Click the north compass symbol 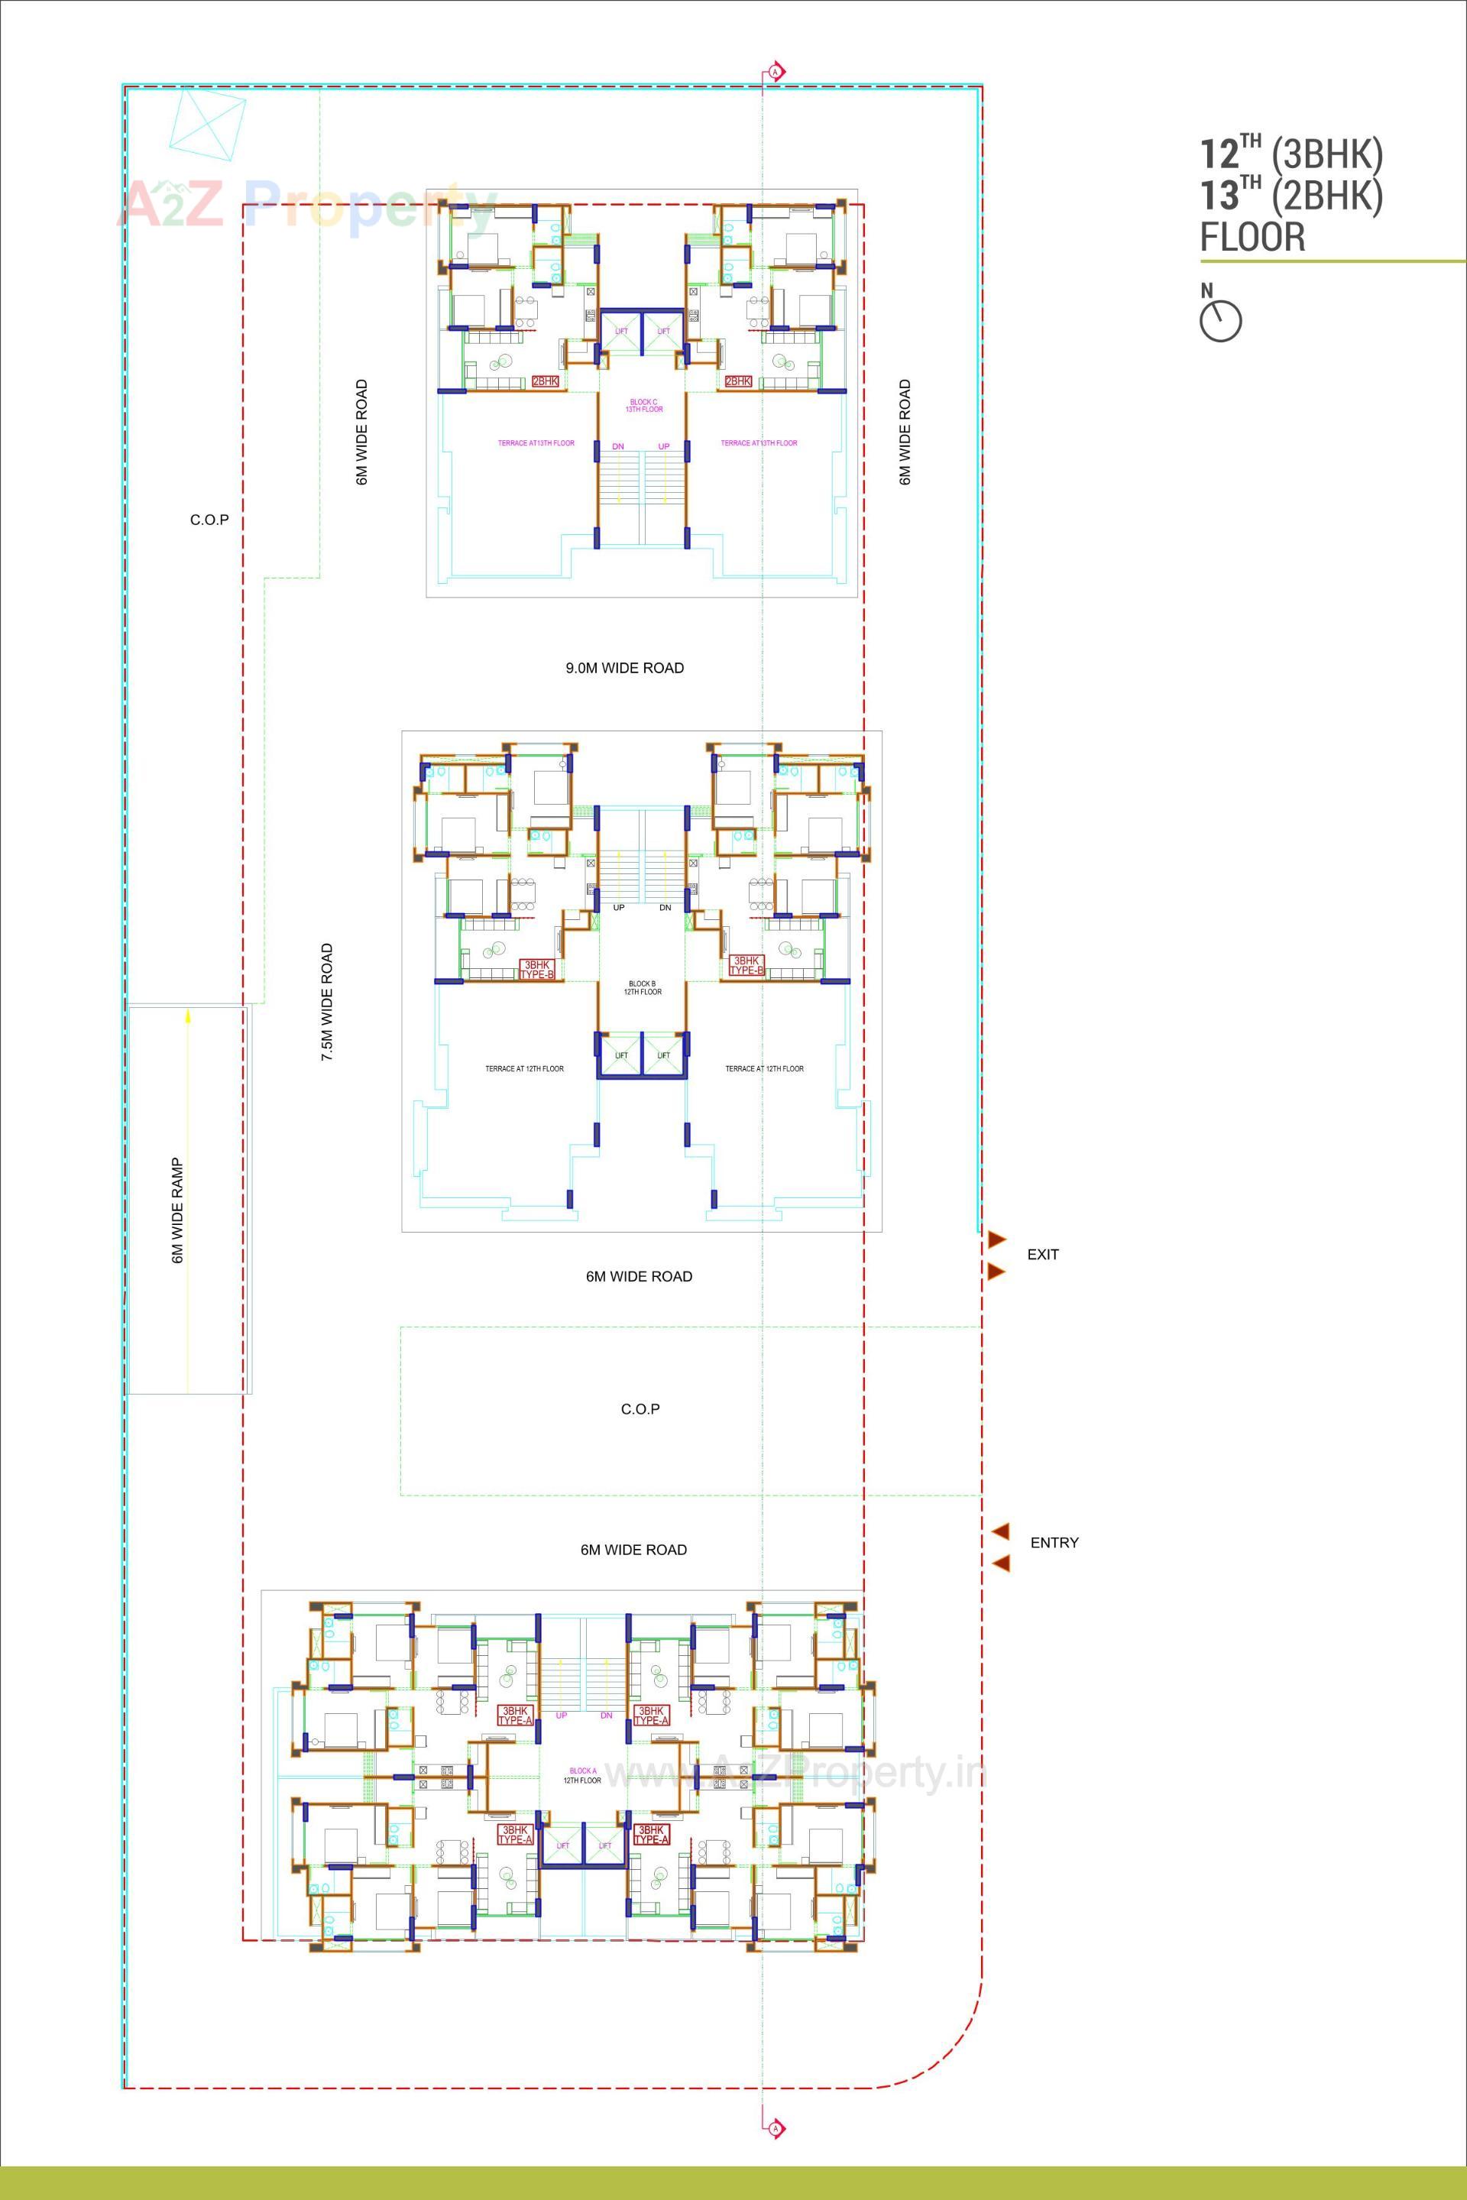point(1221,321)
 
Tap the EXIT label point(1042,1254)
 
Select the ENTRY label point(1054,1542)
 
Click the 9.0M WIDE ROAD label point(624,668)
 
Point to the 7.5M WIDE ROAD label point(326,1001)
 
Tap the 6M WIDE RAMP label point(176,1211)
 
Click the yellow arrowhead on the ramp point(188,1013)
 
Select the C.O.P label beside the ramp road point(209,520)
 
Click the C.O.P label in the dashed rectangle point(640,1408)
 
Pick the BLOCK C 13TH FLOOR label point(643,405)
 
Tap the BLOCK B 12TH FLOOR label point(643,987)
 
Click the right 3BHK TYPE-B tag point(746,965)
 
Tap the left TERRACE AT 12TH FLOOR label point(524,1068)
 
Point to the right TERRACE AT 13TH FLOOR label point(759,442)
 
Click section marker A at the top point(775,71)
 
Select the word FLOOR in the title point(1252,236)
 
